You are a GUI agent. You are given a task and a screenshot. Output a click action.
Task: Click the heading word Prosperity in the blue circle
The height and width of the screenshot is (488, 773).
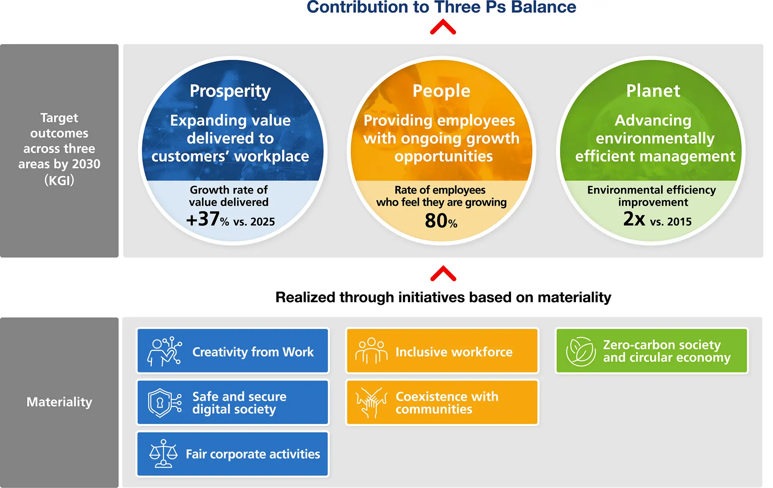click(230, 92)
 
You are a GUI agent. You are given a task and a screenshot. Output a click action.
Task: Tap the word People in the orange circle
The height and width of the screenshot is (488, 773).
click(441, 91)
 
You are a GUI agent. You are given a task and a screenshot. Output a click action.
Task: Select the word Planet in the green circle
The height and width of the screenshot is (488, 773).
click(653, 91)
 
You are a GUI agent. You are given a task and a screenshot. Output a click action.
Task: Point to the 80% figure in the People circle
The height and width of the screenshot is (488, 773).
click(441, 221)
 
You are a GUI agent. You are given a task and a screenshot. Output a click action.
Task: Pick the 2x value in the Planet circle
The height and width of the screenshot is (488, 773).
click(634, 219)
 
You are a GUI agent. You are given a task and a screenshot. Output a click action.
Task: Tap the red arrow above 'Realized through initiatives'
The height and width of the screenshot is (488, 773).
click(443, 273)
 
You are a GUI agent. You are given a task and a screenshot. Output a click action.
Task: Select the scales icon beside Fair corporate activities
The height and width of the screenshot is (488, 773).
click(163, 454)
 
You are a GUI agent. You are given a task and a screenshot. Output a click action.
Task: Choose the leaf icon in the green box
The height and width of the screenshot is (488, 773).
click(581, 351)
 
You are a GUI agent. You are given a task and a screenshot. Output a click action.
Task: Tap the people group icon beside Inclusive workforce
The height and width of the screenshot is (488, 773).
click(371, 351)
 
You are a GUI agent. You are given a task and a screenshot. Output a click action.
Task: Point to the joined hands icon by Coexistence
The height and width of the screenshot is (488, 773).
click(371, 403)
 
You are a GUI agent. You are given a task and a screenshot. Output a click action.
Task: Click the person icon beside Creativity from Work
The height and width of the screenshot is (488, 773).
click(164, 351)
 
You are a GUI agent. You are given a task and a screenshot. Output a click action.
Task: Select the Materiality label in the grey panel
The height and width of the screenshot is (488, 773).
click(59, 402)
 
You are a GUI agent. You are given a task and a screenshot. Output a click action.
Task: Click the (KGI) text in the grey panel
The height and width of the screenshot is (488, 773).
click(59, 180)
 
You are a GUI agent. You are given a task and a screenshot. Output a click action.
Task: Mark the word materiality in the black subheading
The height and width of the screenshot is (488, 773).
click(574, 298)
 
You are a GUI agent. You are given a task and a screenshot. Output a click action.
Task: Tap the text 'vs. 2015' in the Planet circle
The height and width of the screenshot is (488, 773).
click(671, 222)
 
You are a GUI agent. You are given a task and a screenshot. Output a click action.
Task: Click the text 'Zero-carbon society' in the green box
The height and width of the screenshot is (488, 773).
click(662, 344)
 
